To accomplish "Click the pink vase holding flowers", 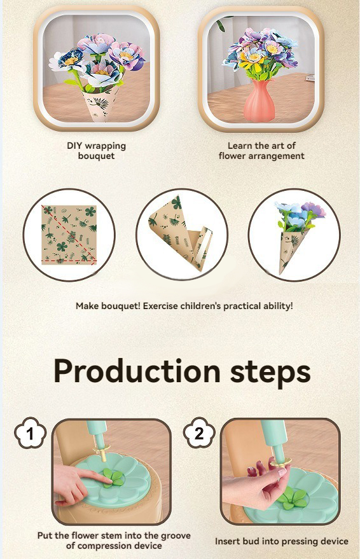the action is point(259,100).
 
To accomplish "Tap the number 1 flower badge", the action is point(30,433).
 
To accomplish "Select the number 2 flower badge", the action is point(199,433).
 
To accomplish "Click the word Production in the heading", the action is point(137,372).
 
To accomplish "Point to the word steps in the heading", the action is point(270,372).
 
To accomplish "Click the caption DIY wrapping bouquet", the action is point(96,151).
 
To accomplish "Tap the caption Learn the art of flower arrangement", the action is point(261,151).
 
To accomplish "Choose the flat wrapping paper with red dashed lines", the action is point(69,235).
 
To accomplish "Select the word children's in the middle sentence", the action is point(200,305).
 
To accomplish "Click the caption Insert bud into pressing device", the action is point(282,541).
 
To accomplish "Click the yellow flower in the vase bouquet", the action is point(252,58).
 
